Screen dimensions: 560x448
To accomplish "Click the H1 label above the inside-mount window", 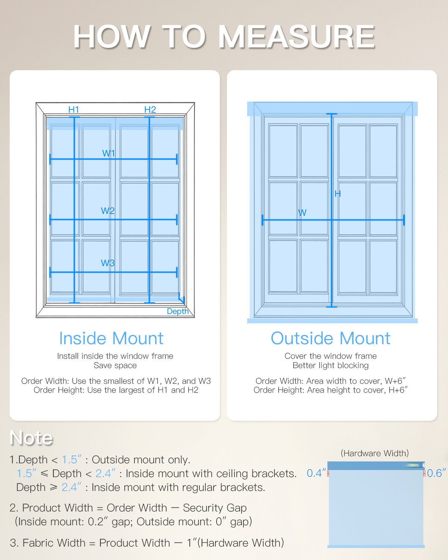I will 74,109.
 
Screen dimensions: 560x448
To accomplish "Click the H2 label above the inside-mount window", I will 150,109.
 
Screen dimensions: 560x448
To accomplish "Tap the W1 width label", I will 109,153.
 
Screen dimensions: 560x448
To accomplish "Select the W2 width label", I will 108,211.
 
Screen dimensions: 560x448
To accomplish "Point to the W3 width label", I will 108,263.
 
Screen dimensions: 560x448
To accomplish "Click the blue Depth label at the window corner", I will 178,311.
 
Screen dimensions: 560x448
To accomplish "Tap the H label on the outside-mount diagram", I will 337,193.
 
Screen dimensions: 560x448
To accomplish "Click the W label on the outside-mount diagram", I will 302,212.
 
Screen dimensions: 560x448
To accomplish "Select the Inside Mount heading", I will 111,338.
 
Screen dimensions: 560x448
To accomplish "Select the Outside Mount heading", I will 330,338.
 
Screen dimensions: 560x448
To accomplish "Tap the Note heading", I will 31,438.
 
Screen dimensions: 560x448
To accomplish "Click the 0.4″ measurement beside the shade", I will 316,473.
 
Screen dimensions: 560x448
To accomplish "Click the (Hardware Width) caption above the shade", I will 374,453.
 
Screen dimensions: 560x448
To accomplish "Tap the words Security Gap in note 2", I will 215,508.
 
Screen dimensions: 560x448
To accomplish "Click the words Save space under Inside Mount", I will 115,365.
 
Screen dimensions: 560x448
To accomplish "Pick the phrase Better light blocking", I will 330,365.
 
